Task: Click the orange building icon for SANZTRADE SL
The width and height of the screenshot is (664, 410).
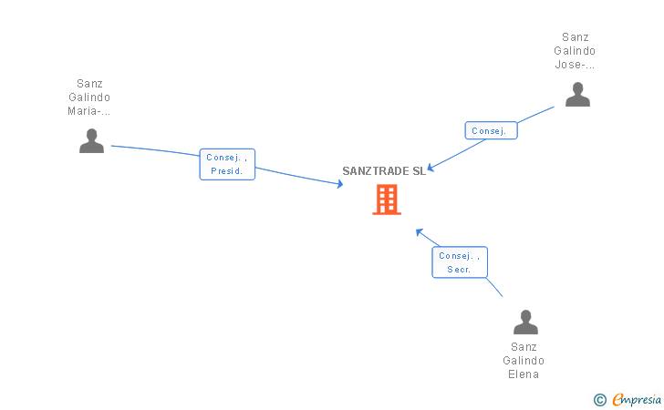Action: click(387, 200)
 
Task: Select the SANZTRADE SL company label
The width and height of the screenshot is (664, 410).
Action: click(384, 170)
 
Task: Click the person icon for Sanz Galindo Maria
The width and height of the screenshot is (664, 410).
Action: click(91, 140)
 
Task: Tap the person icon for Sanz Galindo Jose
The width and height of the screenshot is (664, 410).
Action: click(577, 94)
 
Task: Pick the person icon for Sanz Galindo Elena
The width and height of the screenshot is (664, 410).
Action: click(525, 322)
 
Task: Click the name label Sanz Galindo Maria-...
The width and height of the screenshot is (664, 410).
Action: click(89, 97)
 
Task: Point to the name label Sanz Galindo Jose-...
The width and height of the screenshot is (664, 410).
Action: click(576, 51)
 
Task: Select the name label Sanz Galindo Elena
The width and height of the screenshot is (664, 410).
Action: click(524, 360)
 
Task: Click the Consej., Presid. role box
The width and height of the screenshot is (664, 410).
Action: click(227, 164)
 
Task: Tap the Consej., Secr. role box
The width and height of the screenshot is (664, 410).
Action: click(460, 262)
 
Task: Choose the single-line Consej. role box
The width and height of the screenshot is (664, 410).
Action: click(491, 131)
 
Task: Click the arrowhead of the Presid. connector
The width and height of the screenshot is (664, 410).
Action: click(340, 184)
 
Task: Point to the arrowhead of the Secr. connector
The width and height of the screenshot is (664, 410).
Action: click(419, 231)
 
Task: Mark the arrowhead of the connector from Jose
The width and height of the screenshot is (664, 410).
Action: click(431, 168)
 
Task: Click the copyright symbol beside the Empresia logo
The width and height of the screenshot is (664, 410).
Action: click(599, 399)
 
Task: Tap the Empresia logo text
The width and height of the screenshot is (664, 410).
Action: click(638, 399)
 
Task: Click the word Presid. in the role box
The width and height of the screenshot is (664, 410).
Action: click(226, 171)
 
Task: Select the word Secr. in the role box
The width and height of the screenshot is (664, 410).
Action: click(460, 270)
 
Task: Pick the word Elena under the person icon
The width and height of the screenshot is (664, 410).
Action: click(524, 374)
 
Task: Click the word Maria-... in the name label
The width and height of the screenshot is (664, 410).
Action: click(89, 111)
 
